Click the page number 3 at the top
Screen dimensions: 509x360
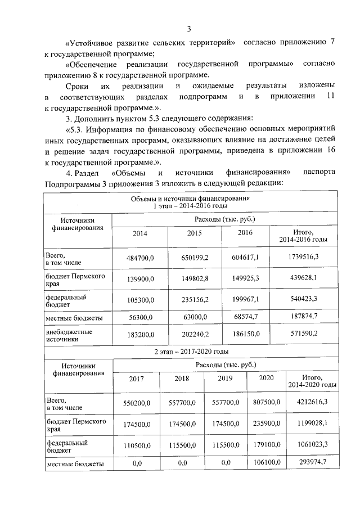[x=189, y=29]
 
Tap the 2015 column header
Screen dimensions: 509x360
[x=194, y=233]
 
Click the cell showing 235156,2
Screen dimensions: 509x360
[x=194, y=299]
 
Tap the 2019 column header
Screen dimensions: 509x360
[x=225, y=379]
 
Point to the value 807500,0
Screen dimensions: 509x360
[x=266, y=402]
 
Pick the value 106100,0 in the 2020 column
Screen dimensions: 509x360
[x=266, y=463]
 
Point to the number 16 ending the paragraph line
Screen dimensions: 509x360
[x=331, y=150]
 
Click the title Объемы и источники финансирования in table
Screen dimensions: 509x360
[x=191, y=199]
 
